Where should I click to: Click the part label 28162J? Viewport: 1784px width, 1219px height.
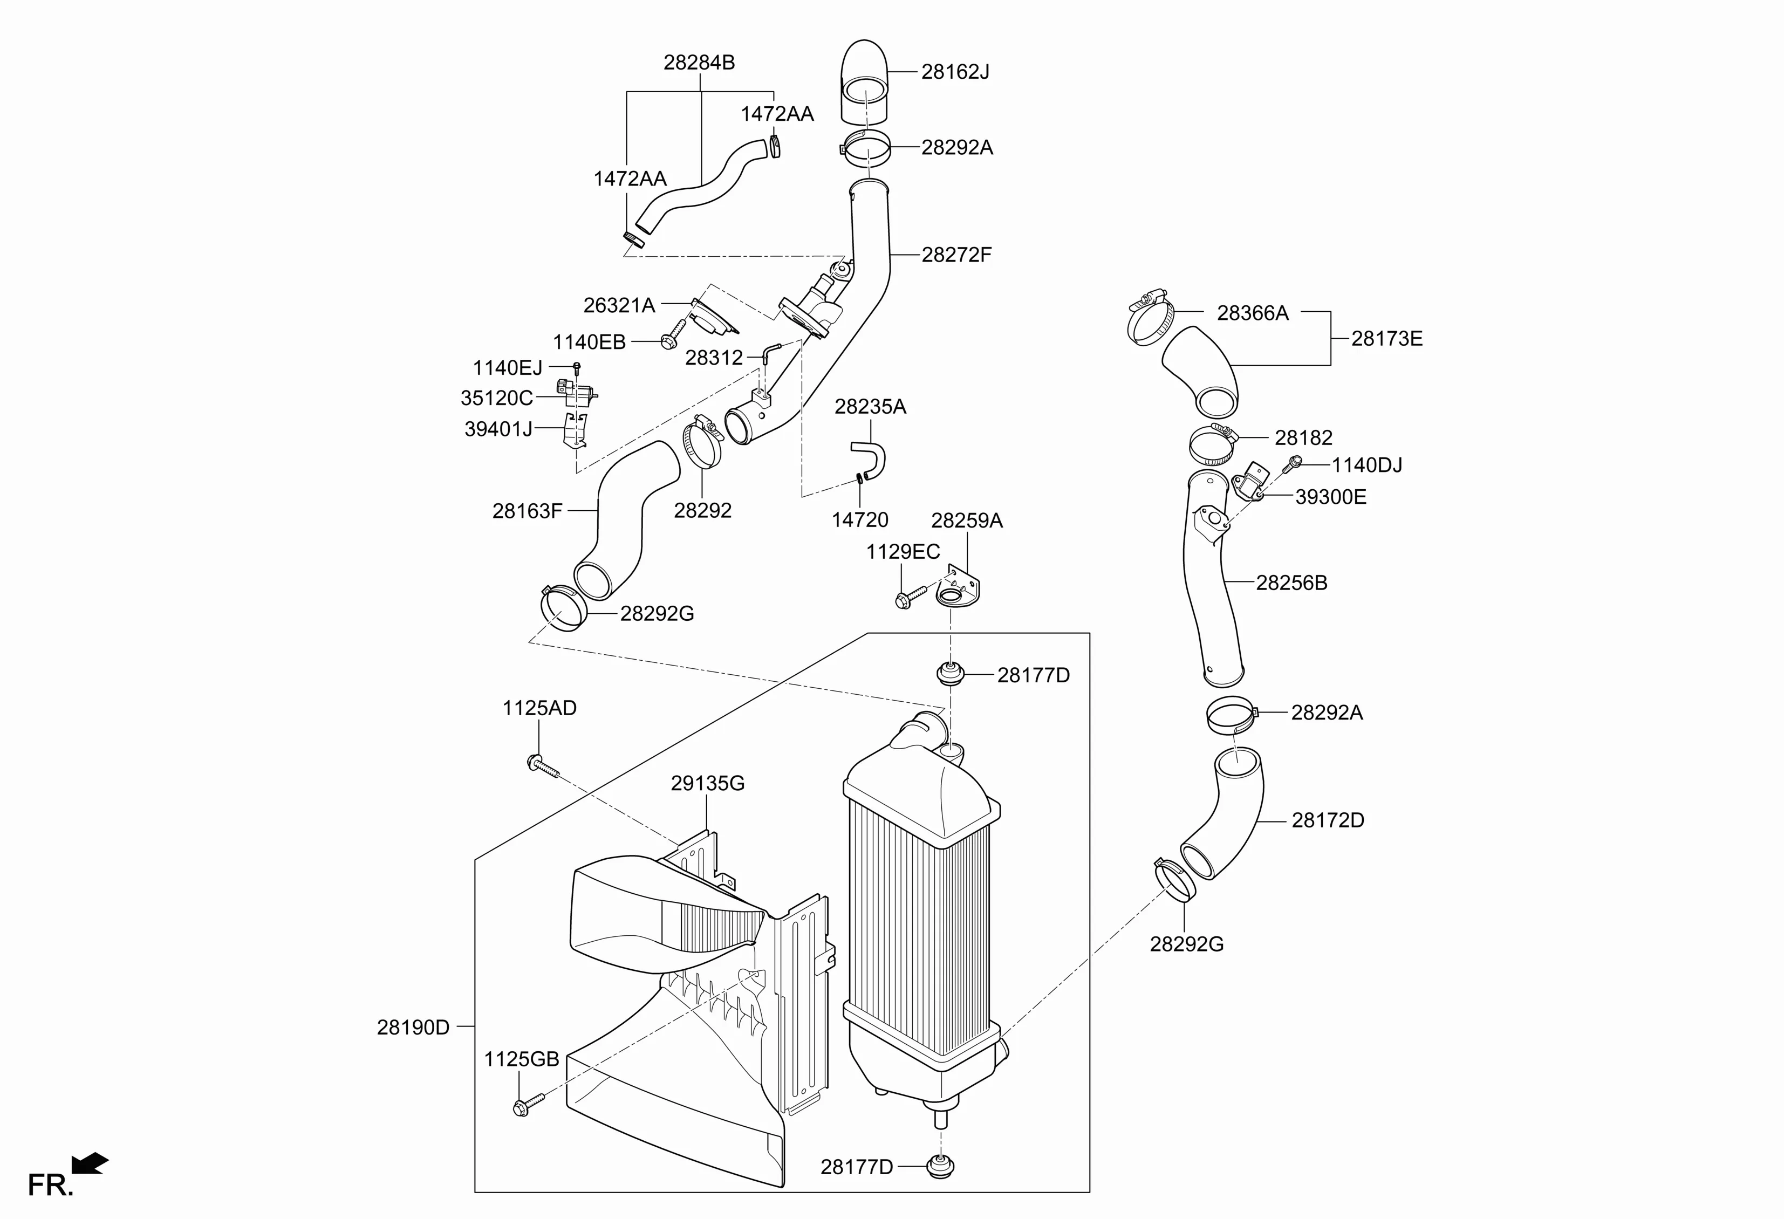(x=955, y=71)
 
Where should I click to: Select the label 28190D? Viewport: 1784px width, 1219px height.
(x=413, y=1027)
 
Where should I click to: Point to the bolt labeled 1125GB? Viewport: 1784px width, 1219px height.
(x=528, y=1105)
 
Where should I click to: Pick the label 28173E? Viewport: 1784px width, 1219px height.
(x=1387, y=339)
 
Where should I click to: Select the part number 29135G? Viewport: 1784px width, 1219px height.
(x=708, y=783)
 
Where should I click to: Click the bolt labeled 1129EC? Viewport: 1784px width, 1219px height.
(x=911, y=597)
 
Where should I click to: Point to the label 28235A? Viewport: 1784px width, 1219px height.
(x=871, y=407)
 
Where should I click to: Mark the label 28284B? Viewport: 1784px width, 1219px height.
(x=699, y=62)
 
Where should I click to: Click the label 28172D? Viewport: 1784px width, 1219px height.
(x=1328, y=820)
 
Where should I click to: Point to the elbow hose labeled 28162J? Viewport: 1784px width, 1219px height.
(x=865, y=81)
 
